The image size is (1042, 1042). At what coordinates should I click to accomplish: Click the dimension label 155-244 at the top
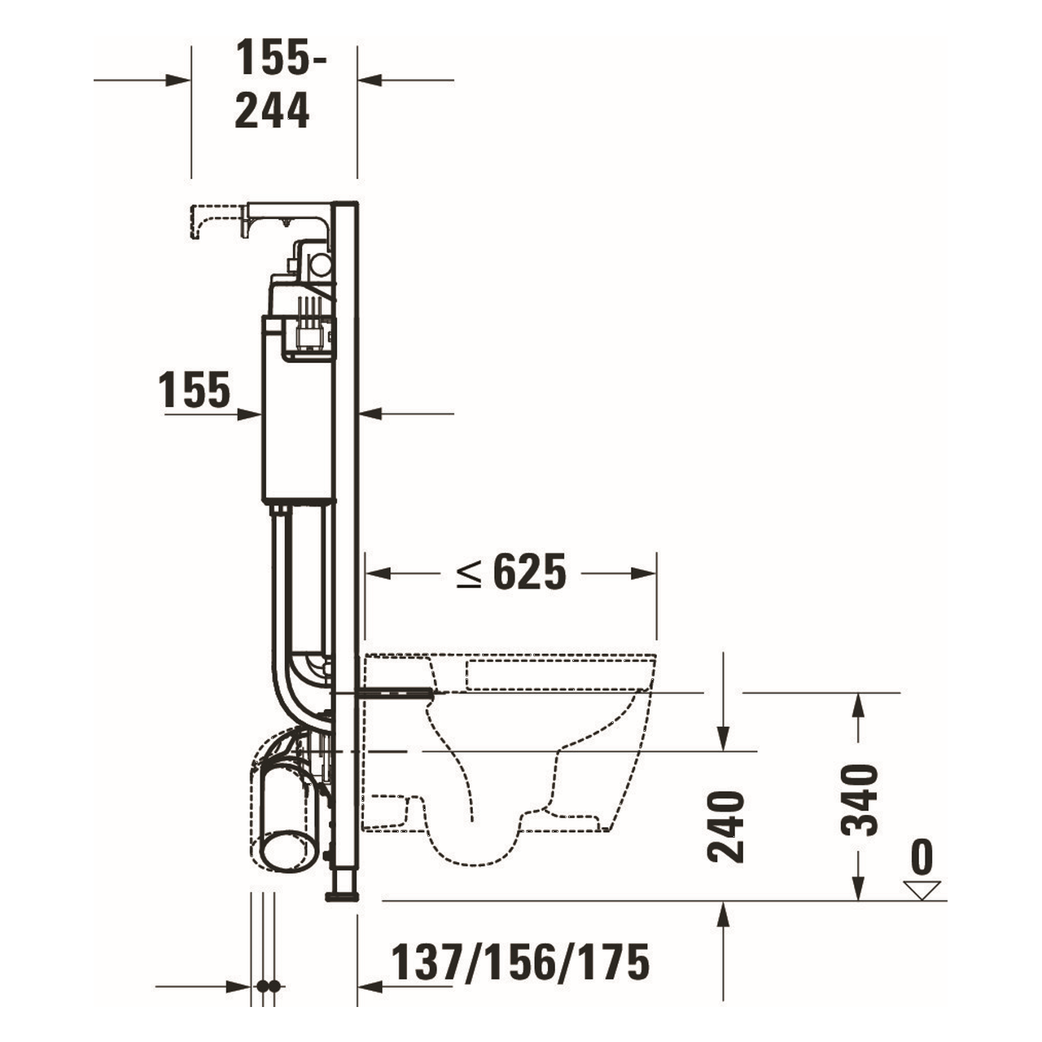click(273, 85)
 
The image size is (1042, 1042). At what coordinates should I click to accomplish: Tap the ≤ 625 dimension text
click(511, 573)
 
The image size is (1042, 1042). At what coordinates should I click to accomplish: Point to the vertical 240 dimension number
click(725, 825)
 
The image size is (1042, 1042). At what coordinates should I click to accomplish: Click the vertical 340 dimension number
click(860, 799)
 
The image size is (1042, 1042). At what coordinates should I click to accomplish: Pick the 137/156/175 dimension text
click(521, 963)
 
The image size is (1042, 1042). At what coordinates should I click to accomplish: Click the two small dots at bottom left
click(268, 986)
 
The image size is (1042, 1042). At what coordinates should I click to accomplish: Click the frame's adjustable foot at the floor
click(343, 890)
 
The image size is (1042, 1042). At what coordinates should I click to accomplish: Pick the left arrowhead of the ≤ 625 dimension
click(376, 573)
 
